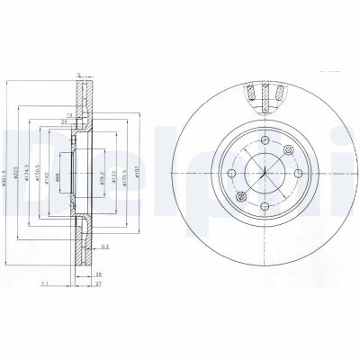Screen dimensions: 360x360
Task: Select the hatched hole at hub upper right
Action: point(287,150)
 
